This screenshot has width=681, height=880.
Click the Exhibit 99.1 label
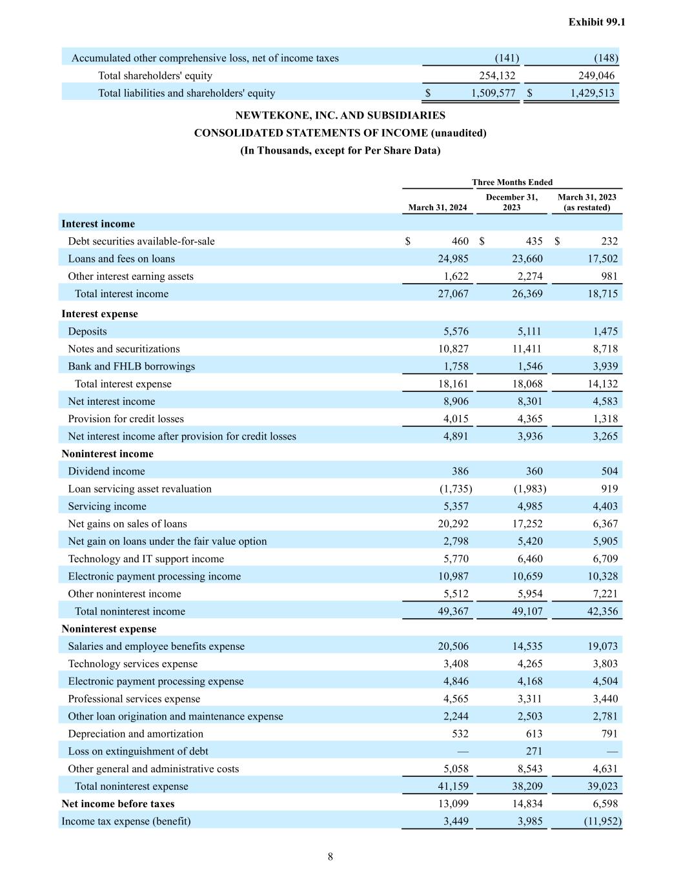click(596, 22)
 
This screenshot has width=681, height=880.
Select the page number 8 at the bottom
click(330, 857)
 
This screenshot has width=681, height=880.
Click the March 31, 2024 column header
click(437, 208)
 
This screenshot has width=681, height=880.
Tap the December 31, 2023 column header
click(511, 202)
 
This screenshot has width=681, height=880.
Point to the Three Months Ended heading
click(512, 182)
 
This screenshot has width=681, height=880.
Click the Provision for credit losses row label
click(126, 419)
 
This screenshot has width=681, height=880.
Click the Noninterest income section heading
click(107, 454)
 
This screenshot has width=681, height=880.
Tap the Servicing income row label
click(107, 507)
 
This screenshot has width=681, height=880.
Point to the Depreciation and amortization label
click(136, 734)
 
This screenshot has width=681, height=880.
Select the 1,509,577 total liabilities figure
click(493, 93)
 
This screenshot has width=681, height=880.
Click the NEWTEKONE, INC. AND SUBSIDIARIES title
click(340, 115)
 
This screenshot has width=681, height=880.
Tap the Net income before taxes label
click(117, 804)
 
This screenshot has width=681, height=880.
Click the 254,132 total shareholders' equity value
click(497, 76)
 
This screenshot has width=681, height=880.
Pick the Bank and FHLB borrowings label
click(131, 367)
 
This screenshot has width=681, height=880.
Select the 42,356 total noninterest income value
click(602, 612)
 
